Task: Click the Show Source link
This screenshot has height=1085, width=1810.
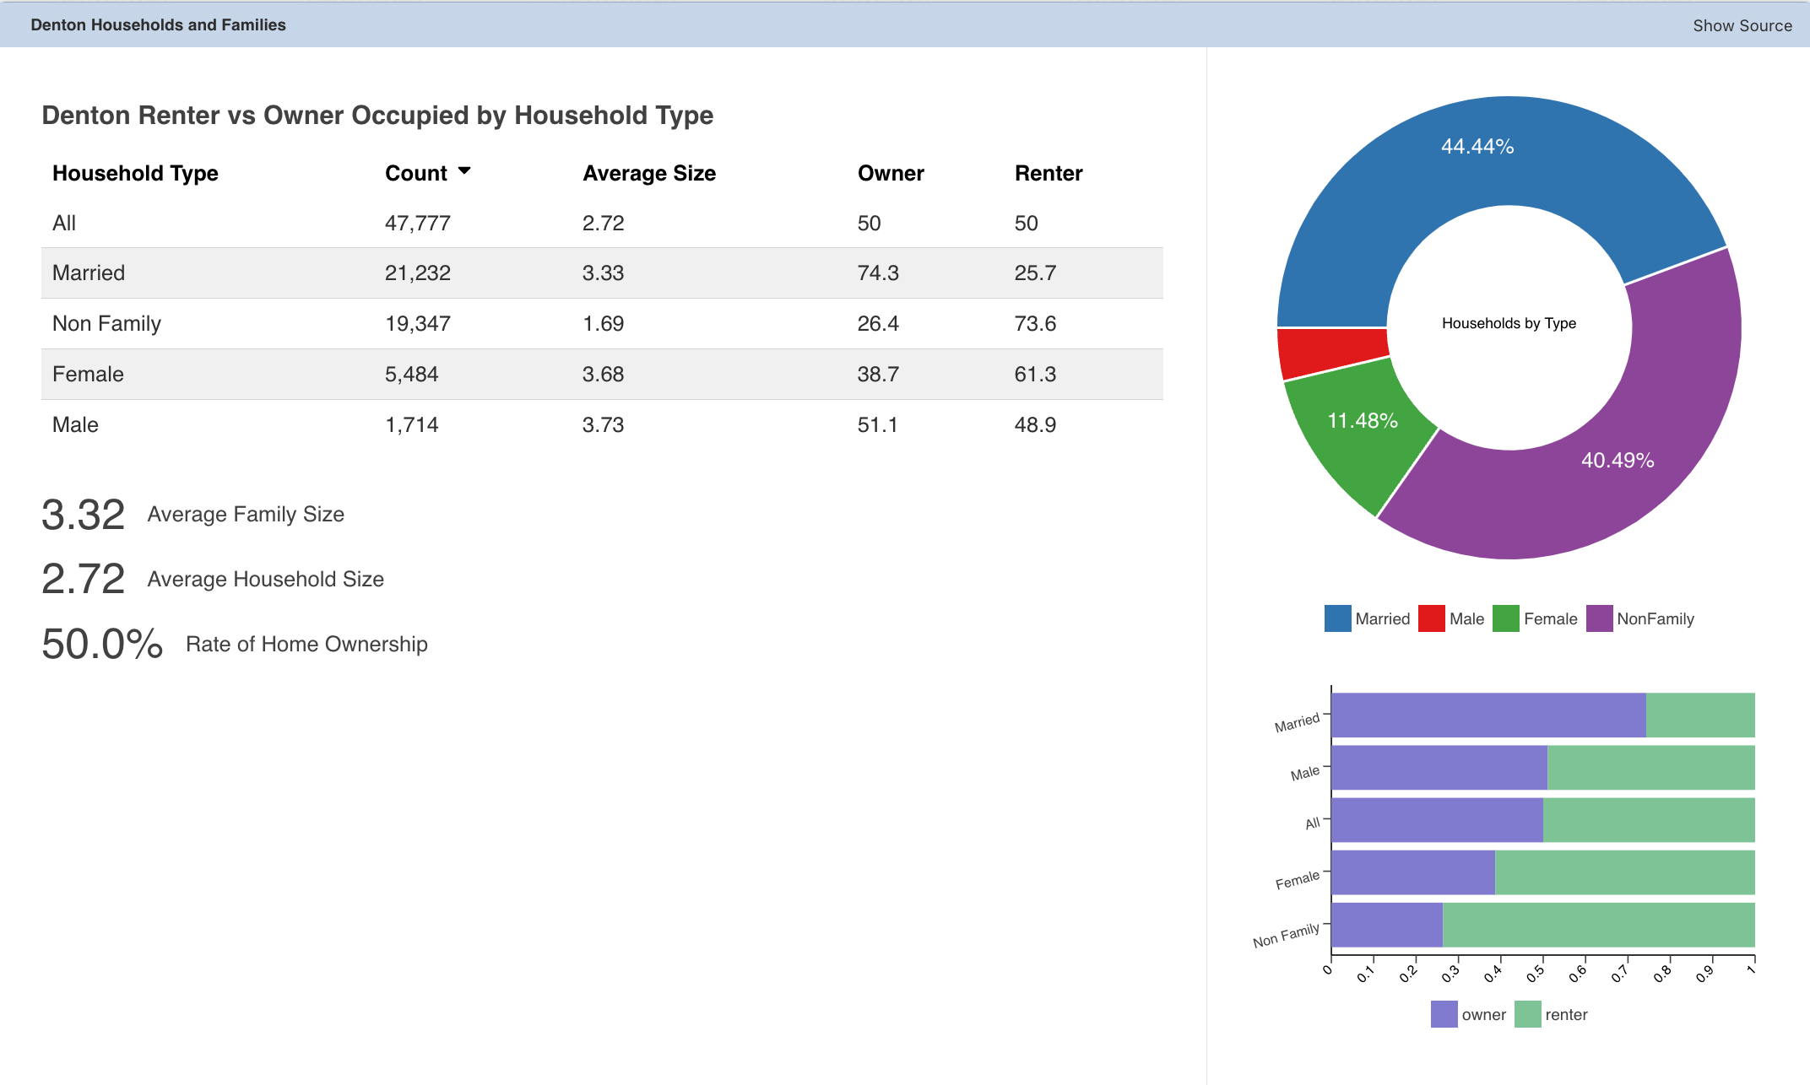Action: [x=1742, y=25]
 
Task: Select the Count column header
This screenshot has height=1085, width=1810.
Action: [x=415, y=173]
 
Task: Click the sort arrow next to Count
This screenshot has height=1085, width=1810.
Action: [x=464, y=170]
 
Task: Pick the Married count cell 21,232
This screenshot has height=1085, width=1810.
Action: [x=418, y=273]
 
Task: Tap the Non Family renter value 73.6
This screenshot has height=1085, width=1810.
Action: [x=1035, y=323]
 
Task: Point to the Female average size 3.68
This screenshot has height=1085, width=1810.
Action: [x=603, y=374]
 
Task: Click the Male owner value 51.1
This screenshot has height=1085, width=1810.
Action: [x=878, y=424]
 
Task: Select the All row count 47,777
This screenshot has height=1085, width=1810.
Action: [x=418, y=223]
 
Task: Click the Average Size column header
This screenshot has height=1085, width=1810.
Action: [x=649, y=173]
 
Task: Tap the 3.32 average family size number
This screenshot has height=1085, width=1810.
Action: [x=84, y=515]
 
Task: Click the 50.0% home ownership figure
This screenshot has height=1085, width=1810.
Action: [x=102, y=644]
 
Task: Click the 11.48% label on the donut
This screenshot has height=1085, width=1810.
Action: [x=1363, y=420]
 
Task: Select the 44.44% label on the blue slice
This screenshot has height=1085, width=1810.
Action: [x=1477, y=146]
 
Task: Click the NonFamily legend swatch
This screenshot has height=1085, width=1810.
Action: [x=1600, y=618]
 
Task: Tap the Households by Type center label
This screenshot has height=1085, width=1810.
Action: [x=1509, y=323]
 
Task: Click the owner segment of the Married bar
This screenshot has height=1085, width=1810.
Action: [x=1488, y=715]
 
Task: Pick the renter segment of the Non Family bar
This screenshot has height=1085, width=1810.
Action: [x=1599, y=925]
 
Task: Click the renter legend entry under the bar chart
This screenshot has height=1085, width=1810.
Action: [x=1552, y=1014]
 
